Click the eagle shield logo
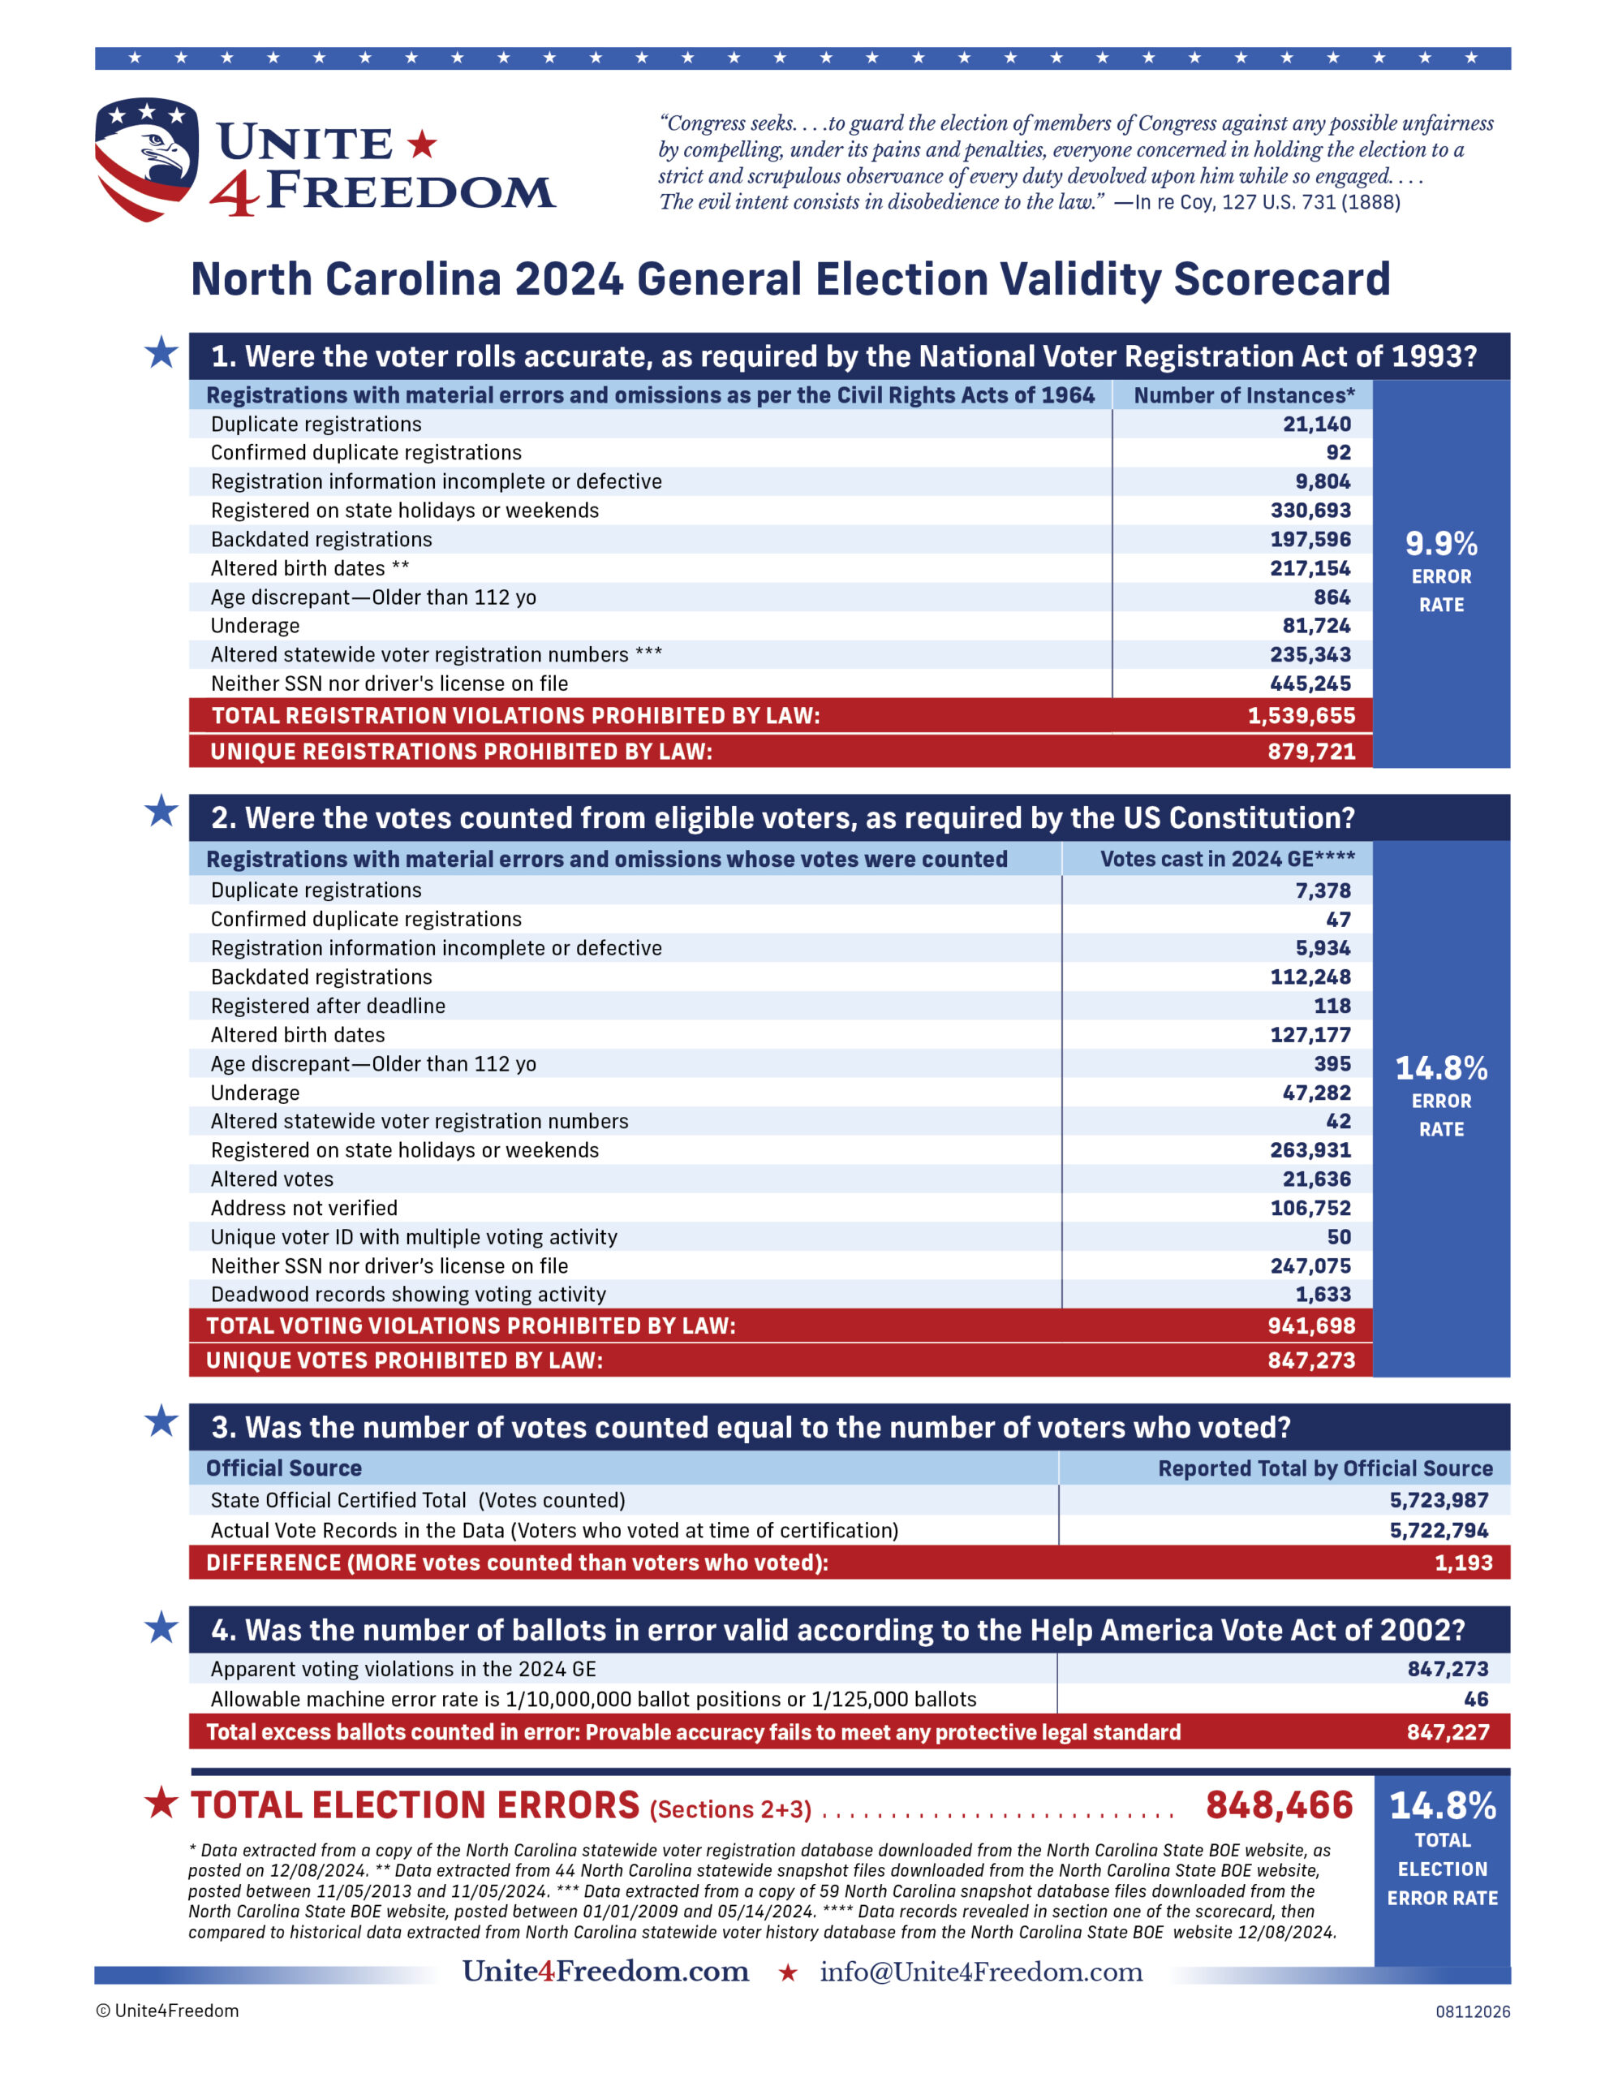pyautogui.click(x=147, y=159)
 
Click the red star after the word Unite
pyautogui.click(x=423, y=144)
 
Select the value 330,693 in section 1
pyautogui.click(x=1310, y=510)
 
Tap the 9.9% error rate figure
pyautogui.click(x=1441, y=543)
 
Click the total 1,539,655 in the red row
pyautogui.click(x=1302, y=715)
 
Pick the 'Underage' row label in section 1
pyautogui.click(x=255, y=625)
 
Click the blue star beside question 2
pyautogui.click(x=161, y=811)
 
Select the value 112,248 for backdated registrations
pyautogui.click(x=1310, y=976)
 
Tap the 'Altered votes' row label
pyautogui.click(x=272, y=1179)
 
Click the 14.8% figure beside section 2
pyautogui.click(x=1441, y=1067)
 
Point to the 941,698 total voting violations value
pyautogui.click(x=1311, y=1326)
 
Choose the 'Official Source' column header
pyautogui.click(x=283, y=1468)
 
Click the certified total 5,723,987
pyautogui.click(x=1439, y=1500)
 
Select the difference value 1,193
pyautogui.click(x=1463, y=1563)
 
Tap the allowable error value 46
pyautogui.click(x=1476, y=1699)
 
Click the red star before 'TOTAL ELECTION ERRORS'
pyautogui.click(x=161, y=1802)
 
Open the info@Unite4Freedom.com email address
pyautogui.click(x=981, y=1972)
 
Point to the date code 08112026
pyautogui.click(x=1473, y=2011)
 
